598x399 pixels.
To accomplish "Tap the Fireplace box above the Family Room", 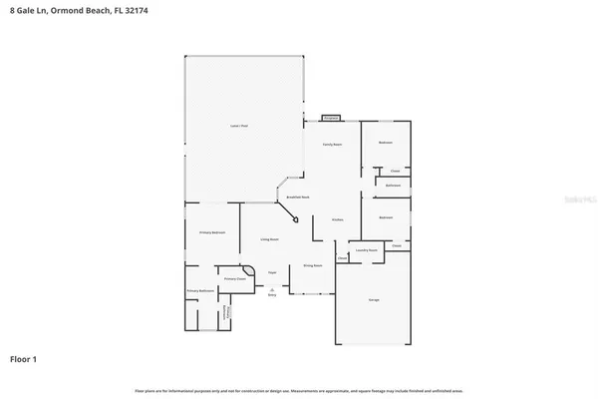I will tap(331, 118).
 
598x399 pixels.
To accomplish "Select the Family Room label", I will tap(333, 145).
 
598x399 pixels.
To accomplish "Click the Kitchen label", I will tap(338, 220).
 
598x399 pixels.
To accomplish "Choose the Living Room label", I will tap(269, 240).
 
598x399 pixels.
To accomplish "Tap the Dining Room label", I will tap(311, 266).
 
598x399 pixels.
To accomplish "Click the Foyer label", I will tap(271, 272).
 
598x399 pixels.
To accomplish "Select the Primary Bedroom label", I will tap(211, 232).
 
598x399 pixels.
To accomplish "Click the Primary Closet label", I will tap(234, 279).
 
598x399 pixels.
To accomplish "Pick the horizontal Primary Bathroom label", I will tap(200, 292).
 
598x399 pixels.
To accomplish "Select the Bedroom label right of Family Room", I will tap(386, 143).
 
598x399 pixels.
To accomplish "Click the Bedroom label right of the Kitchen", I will tap(386, 216).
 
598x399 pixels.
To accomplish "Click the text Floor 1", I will tap(24, 357).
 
